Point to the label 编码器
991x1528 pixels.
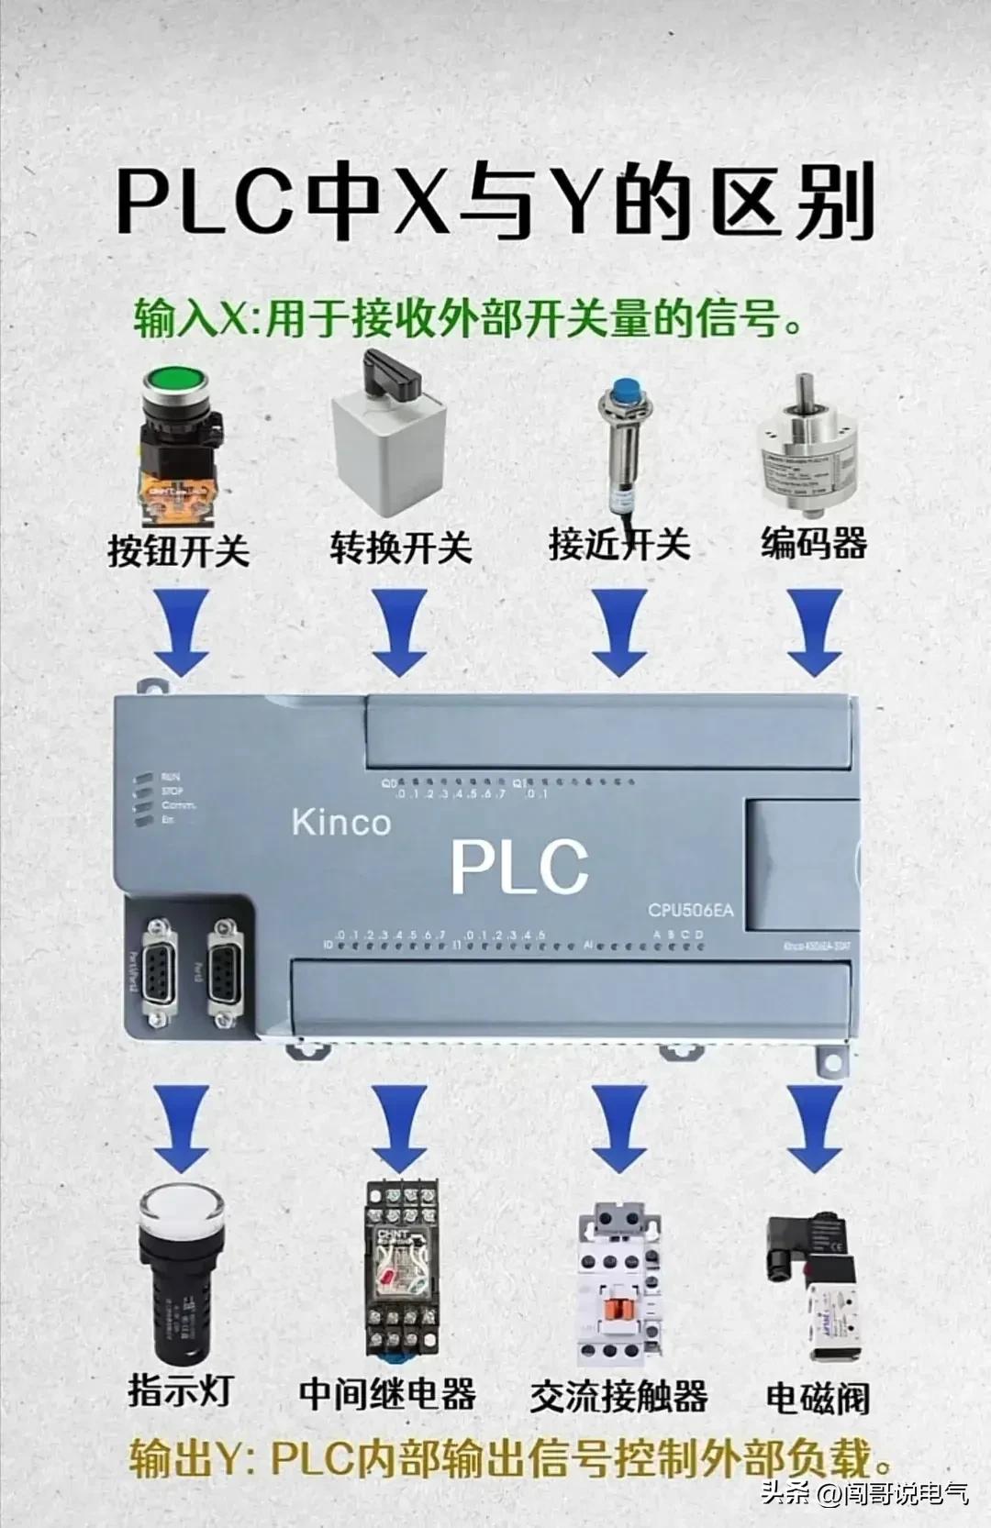(814, 543)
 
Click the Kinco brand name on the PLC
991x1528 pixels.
(340, 823)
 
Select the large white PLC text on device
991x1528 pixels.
(518, 866)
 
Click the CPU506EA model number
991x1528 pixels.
(690, 911)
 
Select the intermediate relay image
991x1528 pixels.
(401, 1270)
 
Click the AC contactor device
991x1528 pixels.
(619, 1284)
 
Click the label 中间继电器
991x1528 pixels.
(387, 1394)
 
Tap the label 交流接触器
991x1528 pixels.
(619, 1397)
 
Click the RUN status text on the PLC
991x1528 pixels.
(172, 777)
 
